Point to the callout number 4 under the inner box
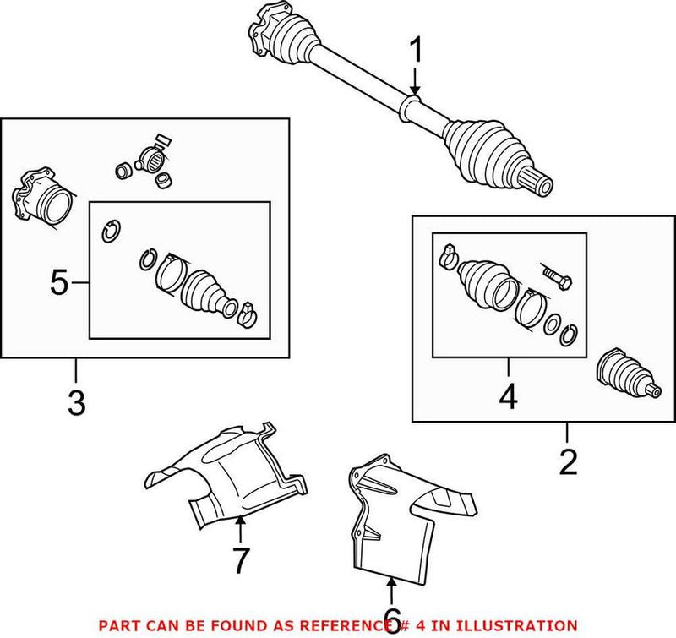point(508,397)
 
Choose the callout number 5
point(59,282)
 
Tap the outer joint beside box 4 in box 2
point(627,374)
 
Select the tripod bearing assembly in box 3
point(150,159)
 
